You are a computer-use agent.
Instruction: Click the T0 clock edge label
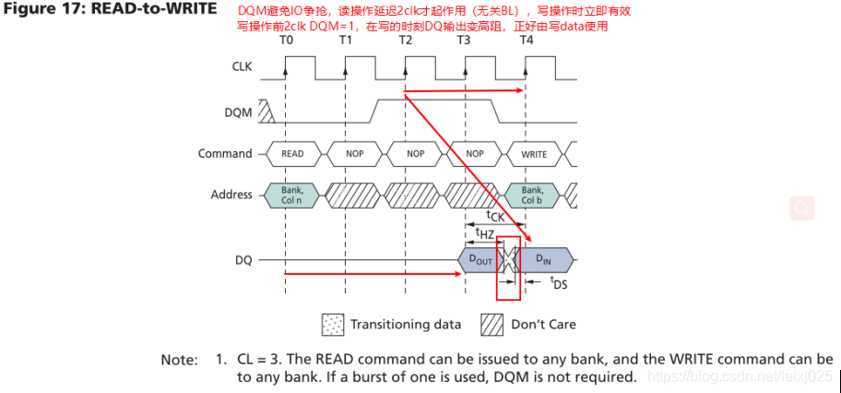point(286,41)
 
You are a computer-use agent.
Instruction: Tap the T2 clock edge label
point(406,41)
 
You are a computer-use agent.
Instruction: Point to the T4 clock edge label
point(527,41)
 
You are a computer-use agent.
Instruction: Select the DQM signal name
point(237,111)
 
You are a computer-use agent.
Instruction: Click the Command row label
point(224,153)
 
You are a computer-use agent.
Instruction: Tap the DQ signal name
point(243,261)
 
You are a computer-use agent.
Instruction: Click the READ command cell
point(291,154)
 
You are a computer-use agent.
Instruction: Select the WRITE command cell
point(534,154)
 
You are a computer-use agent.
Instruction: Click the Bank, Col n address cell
point(291,195)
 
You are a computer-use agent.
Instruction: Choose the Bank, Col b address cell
point(534,195)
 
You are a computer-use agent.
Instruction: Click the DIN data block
point(546,261)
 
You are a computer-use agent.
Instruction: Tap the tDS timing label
point(559,284)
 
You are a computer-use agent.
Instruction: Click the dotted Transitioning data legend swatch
point(330,325)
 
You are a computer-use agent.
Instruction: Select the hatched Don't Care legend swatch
point(491,325)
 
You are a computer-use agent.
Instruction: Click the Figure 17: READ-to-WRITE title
point(110,9)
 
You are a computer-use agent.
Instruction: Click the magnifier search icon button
point(801,208)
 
